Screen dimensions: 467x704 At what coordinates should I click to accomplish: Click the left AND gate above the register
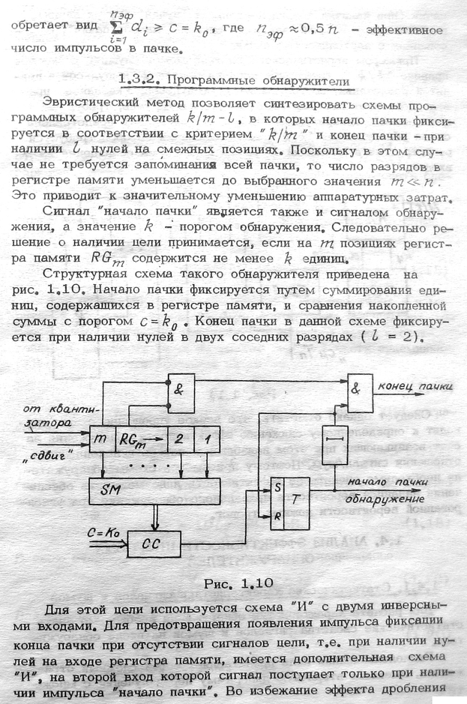click(x=180, y=388)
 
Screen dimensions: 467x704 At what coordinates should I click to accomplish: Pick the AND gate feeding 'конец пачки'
click(x=358, y=389)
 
